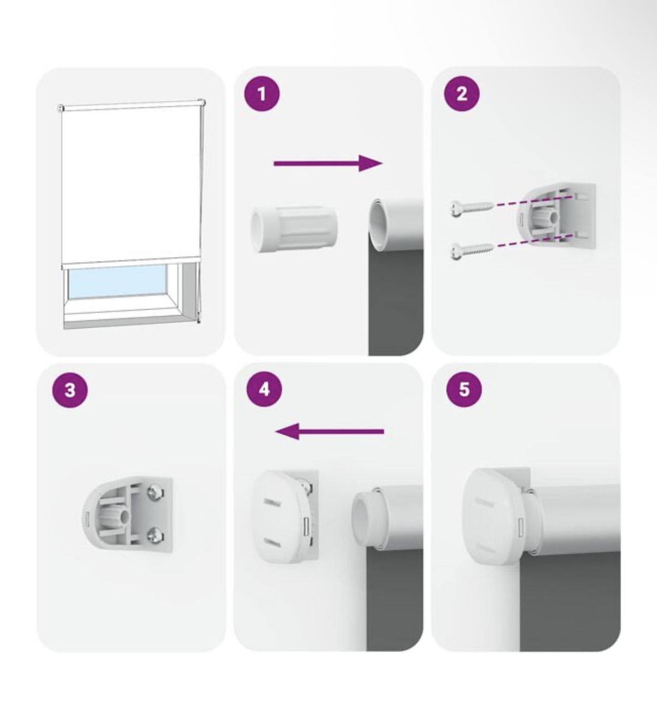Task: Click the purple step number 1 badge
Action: (262, 94)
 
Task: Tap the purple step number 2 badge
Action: (462, 94)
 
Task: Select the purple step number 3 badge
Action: (69, 389)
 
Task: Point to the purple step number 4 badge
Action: (264, 389)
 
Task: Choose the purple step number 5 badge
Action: (464, 389)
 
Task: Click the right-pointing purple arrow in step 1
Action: (328, 164)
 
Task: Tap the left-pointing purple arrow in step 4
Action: (330, 431)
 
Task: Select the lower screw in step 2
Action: (472, 250)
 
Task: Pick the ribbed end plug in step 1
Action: (294, 230)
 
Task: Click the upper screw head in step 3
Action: (156, 492)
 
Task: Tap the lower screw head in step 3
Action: (156, 535)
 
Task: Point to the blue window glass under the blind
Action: (117, 282)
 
